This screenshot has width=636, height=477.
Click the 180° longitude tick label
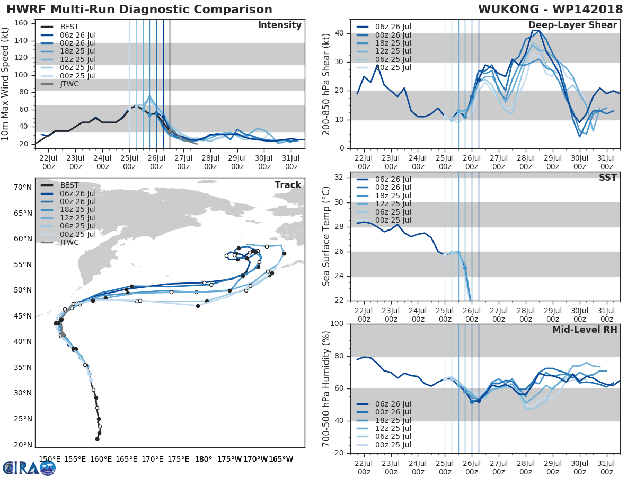pyautogui.click(x=204, y=459)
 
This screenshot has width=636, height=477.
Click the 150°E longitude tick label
pyautogui.click(x=49, y=459)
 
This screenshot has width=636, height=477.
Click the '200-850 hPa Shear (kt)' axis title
pyautogui.click(x=327, y=83)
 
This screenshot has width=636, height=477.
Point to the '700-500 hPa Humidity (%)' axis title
pyautogui.click(x=327, y=388)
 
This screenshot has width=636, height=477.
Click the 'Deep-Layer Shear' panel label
pyautogui.click(x=572, y=25)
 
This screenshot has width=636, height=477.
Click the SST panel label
pyautogui.click(x=608, y=178)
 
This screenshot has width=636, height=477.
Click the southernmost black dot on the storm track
pyautogui.click(x=97, y=439)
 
